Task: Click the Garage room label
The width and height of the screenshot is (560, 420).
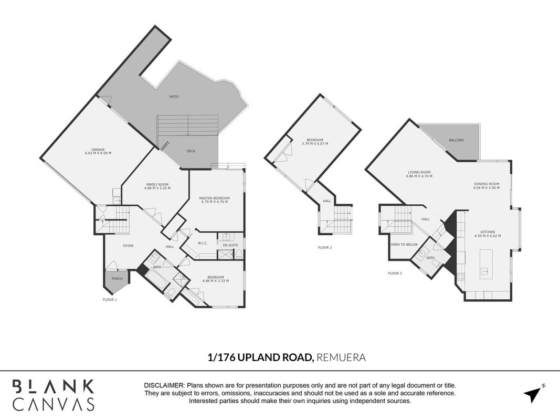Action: pyautogui.click(x=98, y=150)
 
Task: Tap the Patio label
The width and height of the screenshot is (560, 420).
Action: pyautogui.click(x=174, y=97)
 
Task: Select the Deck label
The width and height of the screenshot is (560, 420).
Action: pyautogui.click(x=191, y=151)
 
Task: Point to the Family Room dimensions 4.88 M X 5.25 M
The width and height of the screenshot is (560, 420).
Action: pyautogui.click(x=157, y=188)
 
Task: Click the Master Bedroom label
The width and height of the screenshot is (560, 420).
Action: pyautogui.click(x=214, y=198)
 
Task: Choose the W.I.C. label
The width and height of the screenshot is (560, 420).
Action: pyautogui.click(x=203, y=244)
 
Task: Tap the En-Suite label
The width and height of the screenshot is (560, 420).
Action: pyautogui.click(x=230, y=246)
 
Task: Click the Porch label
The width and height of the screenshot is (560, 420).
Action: pyautogui.click(x=117, y=279)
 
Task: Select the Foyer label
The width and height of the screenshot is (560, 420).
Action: pyautogui.click(x=128, y=246)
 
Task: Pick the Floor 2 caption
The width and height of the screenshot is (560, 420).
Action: pyautogui.click(x=325, y=247)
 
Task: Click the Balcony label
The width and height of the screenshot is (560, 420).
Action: pyautogui.click(x=457, y=140)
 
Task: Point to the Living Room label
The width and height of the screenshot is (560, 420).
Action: pyautogui.click(x=419, y=172)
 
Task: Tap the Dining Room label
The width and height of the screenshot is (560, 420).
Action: pyautogui.click(x=487, y=184)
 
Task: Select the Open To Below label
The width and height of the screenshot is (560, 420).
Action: pyautogui.click(x=404, y=245)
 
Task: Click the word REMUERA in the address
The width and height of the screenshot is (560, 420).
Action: pyautogui.click(x=341, y=358)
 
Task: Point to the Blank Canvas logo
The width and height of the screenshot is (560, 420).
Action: pyautogui.click(x=54, y=395)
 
